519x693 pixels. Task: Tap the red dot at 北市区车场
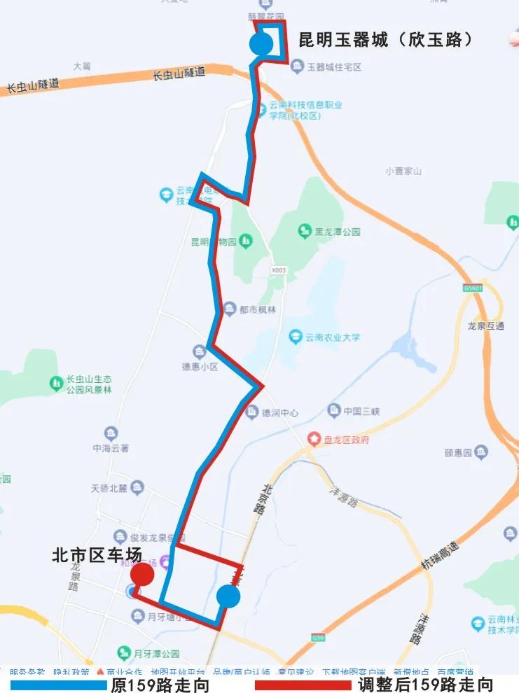142,574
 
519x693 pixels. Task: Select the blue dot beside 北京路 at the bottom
228,596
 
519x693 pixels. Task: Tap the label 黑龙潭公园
337,232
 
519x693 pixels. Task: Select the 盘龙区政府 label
346,440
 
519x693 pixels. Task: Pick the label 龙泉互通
485,326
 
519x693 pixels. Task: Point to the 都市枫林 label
259,309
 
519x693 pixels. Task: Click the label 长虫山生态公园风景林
89,385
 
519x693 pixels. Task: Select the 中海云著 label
111,449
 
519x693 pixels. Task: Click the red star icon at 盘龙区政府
314,440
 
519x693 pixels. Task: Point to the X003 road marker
278,269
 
